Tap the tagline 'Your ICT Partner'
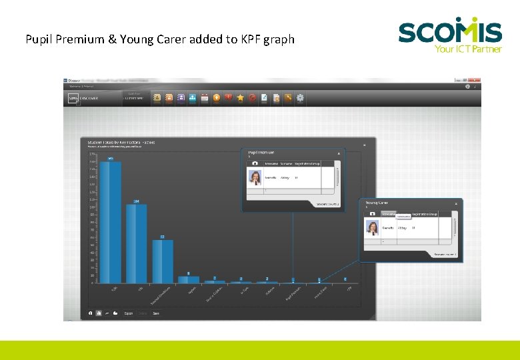pos(468,49)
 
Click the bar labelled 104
pos(136,243)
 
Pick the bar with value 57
pos(162,261)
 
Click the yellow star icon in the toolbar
pos(240,98)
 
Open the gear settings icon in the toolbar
pos(300,98)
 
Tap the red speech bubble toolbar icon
pos(228,98)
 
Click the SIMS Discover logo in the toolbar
pos(83,98)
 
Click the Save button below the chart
pos(156,313)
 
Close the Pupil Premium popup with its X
pos(339,153)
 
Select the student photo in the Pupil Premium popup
pos(255,177)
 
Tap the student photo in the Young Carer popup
pos(372,228)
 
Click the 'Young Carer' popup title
pos(377,203)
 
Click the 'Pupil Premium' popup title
pos(261,153)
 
